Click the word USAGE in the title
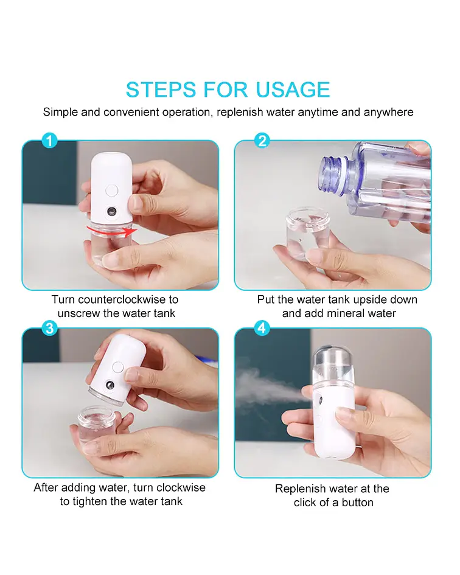coord(293,90)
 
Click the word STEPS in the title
coord(161,90)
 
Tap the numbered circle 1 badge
coord(49,141)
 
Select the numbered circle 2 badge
coord(262,141)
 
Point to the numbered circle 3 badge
coord(49,328)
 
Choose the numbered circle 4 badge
coord(262,328)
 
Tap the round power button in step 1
coord(112,190)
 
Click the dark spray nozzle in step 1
coord(111,212)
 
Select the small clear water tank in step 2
coord(307,234)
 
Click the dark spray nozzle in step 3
coord(110,385)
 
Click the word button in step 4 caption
coord(358,503)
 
